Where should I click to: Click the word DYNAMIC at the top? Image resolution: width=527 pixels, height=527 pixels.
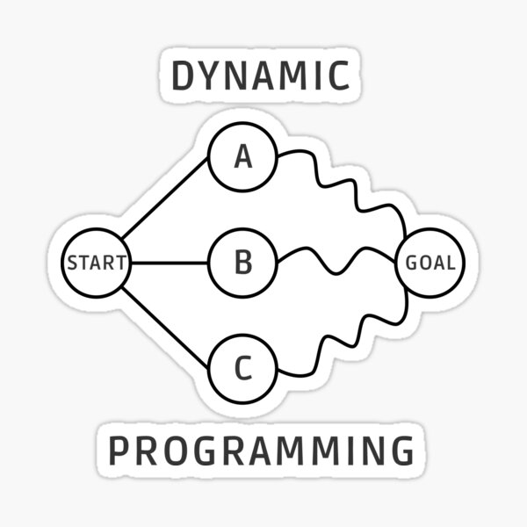tap(261, 76)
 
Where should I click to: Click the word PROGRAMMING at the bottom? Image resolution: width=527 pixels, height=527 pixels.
tap(261, 451)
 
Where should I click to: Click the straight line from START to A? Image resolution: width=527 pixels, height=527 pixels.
tap(164, 198)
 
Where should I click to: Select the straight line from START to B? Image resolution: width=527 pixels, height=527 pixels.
tap(170, 263)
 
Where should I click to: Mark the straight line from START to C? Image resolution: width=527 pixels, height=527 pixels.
tap(164, 327)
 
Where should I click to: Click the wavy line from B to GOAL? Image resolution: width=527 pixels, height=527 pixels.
tap(336, 273)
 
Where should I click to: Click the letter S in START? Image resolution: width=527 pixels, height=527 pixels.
tap(72, 263)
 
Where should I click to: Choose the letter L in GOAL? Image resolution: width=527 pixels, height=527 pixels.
tap(450, 263)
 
